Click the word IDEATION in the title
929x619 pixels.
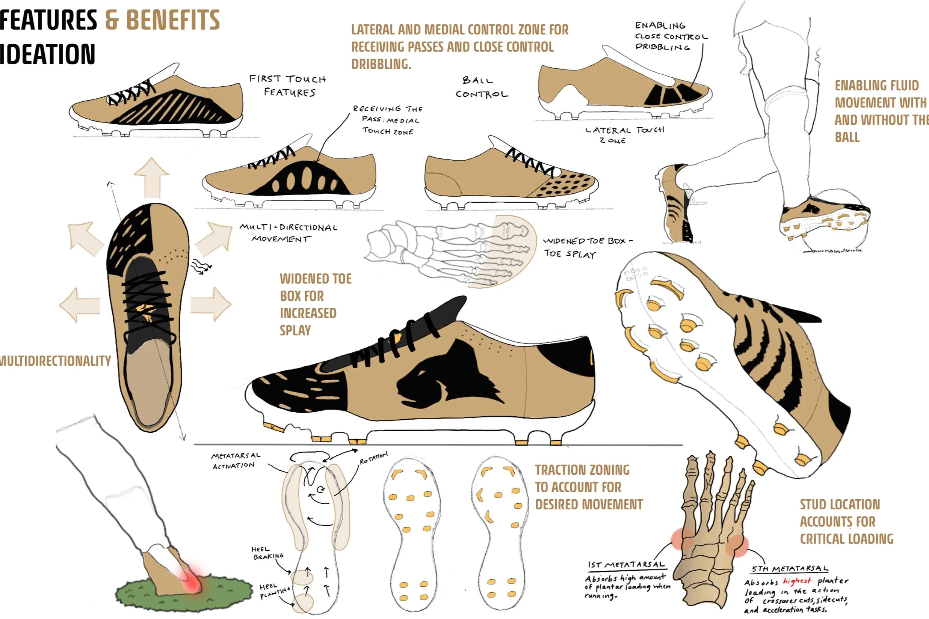[x=47, y=54]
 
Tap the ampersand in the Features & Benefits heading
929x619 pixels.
[x=112, y=20]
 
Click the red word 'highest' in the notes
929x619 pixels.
[x=797, y=581]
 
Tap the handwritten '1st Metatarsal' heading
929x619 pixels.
[x=627, y=565]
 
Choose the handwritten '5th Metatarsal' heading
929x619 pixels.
[x=789, y=569]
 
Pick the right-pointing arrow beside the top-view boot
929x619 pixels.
[x=211, y=304]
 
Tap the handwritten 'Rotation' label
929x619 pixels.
[x=373, y=458]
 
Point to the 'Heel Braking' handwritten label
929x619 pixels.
[x=267, y=553]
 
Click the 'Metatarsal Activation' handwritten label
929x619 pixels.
[x=236, y=461]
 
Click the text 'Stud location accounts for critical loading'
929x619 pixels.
[x=846, y=521]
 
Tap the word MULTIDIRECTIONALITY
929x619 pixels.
[x=55, y=361]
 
